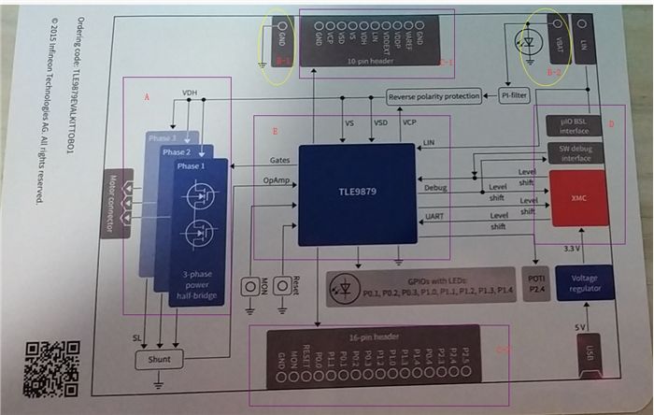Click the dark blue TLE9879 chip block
357,194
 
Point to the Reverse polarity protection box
434,96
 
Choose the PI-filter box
515,96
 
